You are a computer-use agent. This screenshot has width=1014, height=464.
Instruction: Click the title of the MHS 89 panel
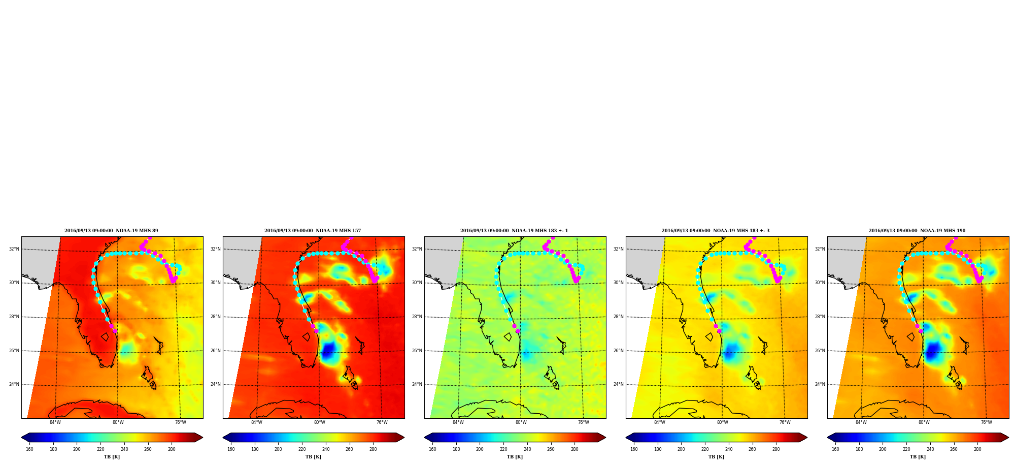(x=111, y=231)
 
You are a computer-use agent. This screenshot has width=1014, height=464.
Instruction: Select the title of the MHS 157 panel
(x=313, y=231)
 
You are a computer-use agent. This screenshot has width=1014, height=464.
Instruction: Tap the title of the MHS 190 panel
(x=917, y=231)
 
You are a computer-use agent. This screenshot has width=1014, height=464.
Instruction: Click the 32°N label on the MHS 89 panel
(x=14, y=249)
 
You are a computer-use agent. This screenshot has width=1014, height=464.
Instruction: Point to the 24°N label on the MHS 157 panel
(x=215, y=384)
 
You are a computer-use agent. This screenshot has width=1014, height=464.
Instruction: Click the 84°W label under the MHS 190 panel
(x=861, y=422)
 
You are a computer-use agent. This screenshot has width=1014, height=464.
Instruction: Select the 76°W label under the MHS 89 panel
(x=181, y=422)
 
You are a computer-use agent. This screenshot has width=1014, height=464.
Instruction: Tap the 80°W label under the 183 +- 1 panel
(x=521, y=422)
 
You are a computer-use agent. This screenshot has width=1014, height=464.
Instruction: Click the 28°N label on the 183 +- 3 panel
(x=618, y=317)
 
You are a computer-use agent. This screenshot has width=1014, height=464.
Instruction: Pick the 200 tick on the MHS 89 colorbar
(x=77, y=449)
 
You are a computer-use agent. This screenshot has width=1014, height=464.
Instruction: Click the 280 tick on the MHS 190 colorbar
(x=977, y=449)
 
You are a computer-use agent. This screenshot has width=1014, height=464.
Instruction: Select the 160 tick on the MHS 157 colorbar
(x=231, y=449)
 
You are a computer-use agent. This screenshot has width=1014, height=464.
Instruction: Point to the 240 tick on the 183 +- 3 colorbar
(x=729, y=449)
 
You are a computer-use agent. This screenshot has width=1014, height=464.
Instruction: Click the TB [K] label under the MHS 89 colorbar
(x=112, y=457)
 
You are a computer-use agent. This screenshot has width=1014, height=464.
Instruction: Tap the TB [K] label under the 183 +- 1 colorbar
(x=515, y=457)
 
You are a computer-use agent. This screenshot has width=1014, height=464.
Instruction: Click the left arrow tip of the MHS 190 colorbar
(x=827, y=438)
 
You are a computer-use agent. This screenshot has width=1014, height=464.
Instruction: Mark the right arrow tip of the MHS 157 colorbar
(x=404, y=438)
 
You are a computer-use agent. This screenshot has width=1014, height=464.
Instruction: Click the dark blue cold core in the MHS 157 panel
(x=328, y=350)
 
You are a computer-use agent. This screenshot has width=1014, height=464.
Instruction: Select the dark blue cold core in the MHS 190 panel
(x=933, y=351)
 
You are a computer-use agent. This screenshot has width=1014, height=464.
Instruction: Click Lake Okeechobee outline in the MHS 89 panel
(x=105, y=337)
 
